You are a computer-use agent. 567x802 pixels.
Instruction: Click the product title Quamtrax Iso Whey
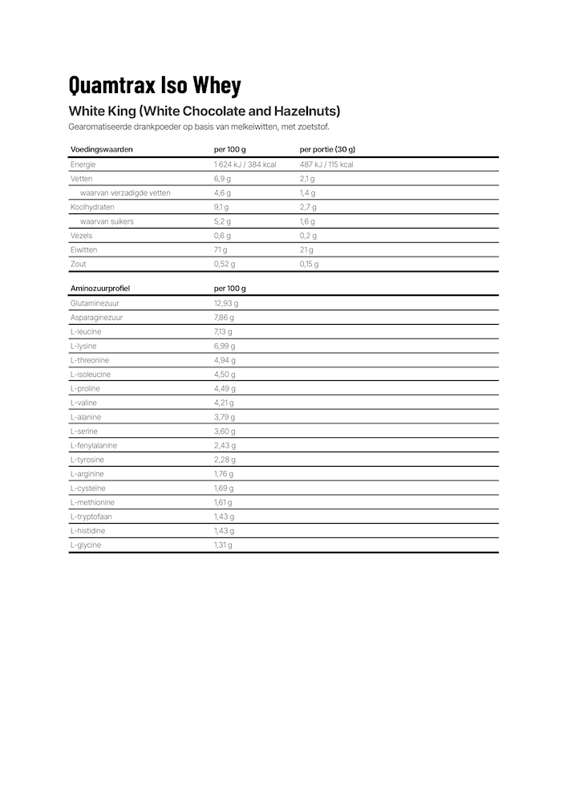pyautogui.click(x=155, y=85)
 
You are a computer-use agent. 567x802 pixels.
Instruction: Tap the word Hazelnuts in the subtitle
pyautogui.click(x=307, y=111)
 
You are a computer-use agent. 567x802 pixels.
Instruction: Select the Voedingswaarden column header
pyautogui.click(x=101, y=149)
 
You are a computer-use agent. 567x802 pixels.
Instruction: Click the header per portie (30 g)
pyautogui.click(x=327, y=149)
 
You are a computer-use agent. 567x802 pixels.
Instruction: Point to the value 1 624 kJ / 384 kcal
pyautogui.click(x=245, y=164)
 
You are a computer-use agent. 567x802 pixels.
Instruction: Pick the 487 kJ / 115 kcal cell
pyautogui.click(x=326, y=164)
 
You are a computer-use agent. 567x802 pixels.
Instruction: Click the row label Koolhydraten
pyautogui.click(x=92, y=207)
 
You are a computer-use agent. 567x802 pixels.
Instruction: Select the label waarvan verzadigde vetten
pyautogui.click(x=125, y=193)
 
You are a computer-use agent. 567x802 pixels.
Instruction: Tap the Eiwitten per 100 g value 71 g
pyautogui.click(x=221, y=250)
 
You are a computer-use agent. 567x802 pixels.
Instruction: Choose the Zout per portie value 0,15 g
pyautogui.click(x=309, y=264)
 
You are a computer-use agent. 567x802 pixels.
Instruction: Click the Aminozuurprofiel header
pyautogui.click(x=100, y=288)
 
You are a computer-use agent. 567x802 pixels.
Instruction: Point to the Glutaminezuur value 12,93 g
pyautogui.click(x=226, y=303)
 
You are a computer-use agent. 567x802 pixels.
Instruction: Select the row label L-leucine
pyautogui.click(x=86, y=332)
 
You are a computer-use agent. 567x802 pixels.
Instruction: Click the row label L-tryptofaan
pyautogui.click(x=91, y=516)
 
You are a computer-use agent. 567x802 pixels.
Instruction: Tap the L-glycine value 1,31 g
pyautogui.click(x=223, y=545)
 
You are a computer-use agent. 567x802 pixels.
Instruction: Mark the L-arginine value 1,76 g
pyautogui.click(x=224, y=474)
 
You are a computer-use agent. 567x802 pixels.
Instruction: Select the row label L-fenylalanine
pyautogui.click(x=94, y=446)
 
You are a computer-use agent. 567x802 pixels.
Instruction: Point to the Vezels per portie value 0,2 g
pyautogui.click(x=308, y=236)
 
